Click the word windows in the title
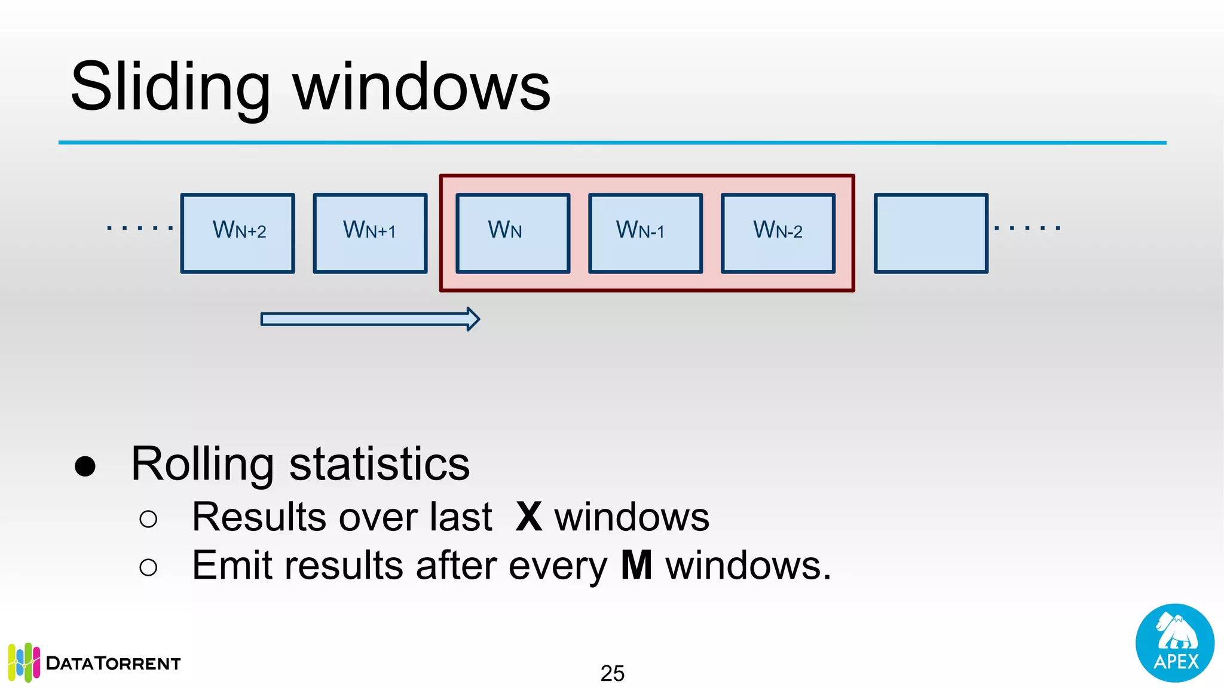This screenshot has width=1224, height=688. [x=421, y=88]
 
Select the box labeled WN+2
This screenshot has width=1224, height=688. [x=238, y=233]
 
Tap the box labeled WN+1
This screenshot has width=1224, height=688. [x=370, y=233]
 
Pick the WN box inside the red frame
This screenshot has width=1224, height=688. [x=513, y=233]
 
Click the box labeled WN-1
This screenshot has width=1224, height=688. [x=645, y=233]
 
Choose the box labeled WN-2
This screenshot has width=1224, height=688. [x=778, y=233]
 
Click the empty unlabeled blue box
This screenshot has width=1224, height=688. [x=931, y=233]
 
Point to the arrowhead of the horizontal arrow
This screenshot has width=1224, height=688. [x=473, y=319]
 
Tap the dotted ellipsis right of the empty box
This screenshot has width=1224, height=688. [x=1027, y=228]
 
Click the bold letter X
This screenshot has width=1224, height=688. [x=529, y=517]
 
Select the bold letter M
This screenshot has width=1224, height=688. [x=637, y=565]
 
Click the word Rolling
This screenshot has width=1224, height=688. [x=202, y=464]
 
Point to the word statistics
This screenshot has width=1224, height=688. [x=380, y=464]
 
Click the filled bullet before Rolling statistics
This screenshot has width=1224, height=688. [x=85, y=466]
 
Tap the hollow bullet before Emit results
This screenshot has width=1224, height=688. [x=148, y=567]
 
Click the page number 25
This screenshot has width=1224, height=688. [x=612, y=673]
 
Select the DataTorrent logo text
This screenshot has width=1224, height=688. [x=113, y=664]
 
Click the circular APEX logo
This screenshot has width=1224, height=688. [x=1174, y=643]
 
